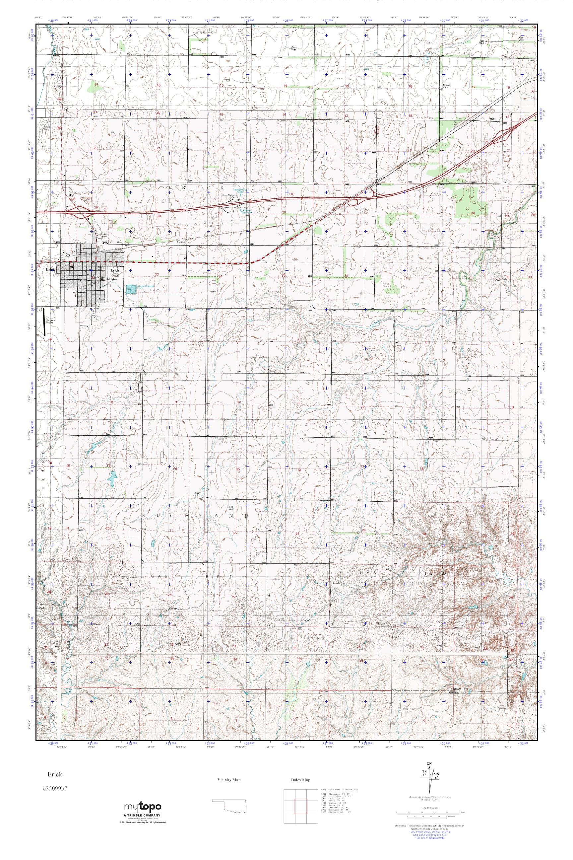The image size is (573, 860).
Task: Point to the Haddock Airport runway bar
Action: tap(44, 322)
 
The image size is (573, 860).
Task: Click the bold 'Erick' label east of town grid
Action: tap(115, 270)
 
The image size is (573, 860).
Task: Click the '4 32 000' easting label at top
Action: tap(523, 21)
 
